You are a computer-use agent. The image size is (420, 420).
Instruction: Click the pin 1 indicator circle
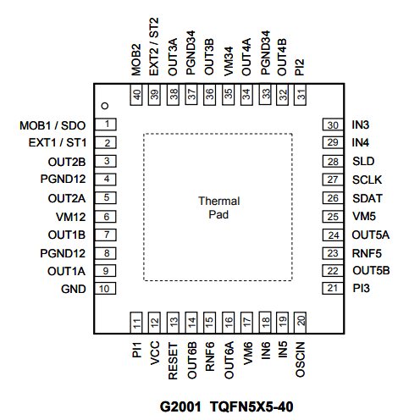pyautogui.click(x=105, y=106)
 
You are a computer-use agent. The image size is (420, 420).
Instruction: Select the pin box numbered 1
pyautogui.click(x=106, y=124)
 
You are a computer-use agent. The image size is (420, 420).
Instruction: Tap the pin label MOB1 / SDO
pyautogui.click(x=52, y=125)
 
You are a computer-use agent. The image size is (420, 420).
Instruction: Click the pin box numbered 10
pyautogui.click(x=105, y=289)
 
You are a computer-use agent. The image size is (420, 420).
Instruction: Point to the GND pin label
pyautogui.click(x=74, y=289)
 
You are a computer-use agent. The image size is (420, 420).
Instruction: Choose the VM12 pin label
pyautogui.click(x=70, y=217)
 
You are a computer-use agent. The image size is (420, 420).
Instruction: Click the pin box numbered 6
pyautogui.click(x=106, y=217)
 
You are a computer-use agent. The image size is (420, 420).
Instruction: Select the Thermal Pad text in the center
pyautogui.click(x=218, y=207)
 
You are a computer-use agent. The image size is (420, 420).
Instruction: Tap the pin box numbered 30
pyautogui.click(x=333, y=124)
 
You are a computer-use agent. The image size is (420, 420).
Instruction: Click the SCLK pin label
pyautogui.click(x=367, y=180)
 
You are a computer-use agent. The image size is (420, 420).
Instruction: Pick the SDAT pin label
pyautogui.click(x=367, y=198)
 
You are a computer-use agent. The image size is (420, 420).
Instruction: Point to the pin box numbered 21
pyautogui.click(x=333, y=288)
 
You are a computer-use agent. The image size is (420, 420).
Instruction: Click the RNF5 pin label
pyautogui.click(x=367, y=253)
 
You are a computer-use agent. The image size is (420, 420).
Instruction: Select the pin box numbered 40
pyautogui.click(x=136, y=95)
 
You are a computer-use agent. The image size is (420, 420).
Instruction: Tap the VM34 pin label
pyautogui.click(x=229, y=61)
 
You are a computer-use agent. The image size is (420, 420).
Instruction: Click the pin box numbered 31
pyautogui.click(x=300, y=95)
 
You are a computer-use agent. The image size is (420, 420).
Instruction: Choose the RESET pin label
pyautogui.click(x=173, y=361)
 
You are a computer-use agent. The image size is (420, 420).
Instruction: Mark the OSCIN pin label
pyautogui.click(x=301, y=360)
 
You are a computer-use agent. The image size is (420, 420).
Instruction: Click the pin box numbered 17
pyautogui.click(x=246, y=323)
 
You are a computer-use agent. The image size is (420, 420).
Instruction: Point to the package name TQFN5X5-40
pyautogui.click(x=251, y=407)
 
